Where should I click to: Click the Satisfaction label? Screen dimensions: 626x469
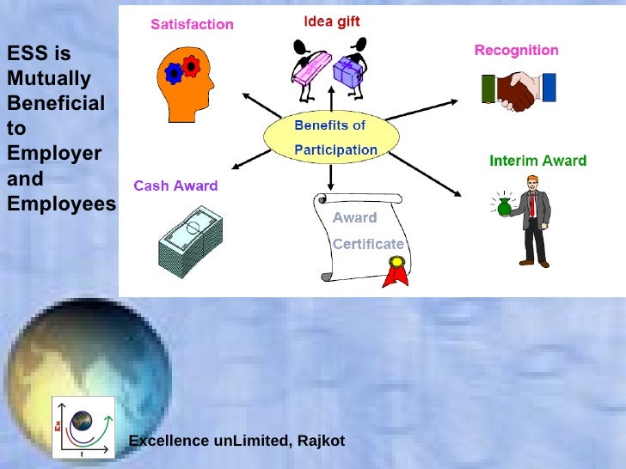[192, 24]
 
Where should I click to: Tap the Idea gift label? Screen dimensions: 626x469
[331, 21]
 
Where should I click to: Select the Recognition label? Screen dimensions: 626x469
[516, 51]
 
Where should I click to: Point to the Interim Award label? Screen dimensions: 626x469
[537, 161]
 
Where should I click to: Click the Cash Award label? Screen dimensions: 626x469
[175, 186]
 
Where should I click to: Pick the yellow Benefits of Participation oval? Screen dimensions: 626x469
[331, 137]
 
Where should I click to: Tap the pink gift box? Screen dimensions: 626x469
[310, 68]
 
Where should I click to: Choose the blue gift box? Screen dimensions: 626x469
[348, 72]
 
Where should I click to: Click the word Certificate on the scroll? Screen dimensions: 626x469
[368, 244]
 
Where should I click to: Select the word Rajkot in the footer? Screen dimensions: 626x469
[319, 441]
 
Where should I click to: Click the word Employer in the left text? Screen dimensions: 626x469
[54, 155]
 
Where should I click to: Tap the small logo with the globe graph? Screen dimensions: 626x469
[83, 426]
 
